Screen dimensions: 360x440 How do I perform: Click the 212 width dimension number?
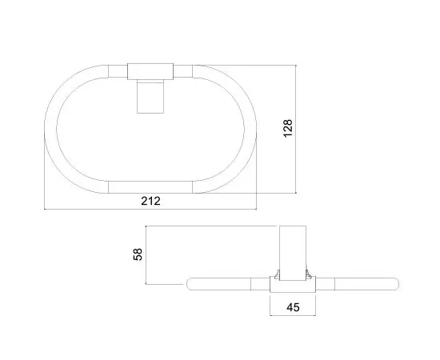pos(150,201)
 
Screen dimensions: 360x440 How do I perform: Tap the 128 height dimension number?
pos(288,128)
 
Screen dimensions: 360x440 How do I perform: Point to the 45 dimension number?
pos(293,306)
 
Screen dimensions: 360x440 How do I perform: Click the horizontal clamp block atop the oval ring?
pos(150,70)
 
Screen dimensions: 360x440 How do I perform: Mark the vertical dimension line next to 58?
pos(147,254)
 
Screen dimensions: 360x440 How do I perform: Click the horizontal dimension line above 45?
pos(293,294)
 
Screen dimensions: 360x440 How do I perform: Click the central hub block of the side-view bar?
pos(293,281)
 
